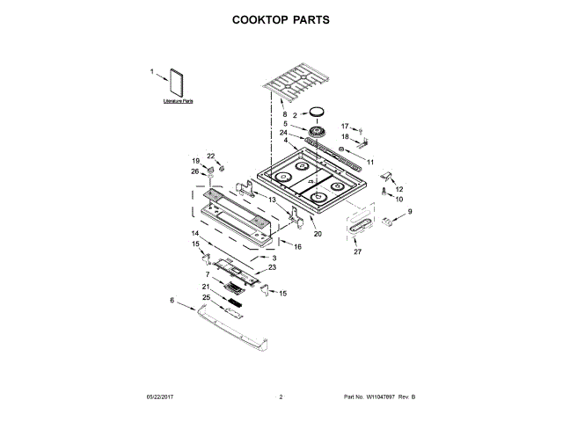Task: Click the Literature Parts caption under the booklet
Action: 178,103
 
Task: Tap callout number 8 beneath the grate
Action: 284,115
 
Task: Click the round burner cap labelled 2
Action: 316,112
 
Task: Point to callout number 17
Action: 345,127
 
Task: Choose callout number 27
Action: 358,252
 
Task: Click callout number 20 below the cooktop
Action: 318,234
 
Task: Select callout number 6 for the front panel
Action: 172,301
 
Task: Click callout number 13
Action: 273,200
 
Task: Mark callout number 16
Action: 297,247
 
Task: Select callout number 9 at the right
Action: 409,211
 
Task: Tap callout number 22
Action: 211,156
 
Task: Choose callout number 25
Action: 207,298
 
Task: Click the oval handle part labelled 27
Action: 358,229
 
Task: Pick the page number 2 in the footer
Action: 281,398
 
